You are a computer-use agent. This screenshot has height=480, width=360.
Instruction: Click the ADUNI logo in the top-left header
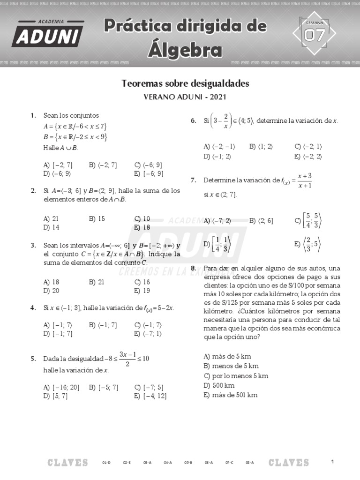click(x=48, y=34)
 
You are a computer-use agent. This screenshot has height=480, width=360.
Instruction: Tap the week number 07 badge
click(x=314, y=34)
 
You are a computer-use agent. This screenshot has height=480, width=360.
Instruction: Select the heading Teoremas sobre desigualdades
click(x=185, y=83)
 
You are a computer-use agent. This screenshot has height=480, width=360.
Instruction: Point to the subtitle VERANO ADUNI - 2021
click(x=185, y=97)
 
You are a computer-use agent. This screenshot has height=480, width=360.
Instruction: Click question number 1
click(x=33, y=115)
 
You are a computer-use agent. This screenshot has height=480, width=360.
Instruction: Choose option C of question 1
click(x=148, y=165)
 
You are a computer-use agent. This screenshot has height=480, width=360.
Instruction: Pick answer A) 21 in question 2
click(x=51, y=219)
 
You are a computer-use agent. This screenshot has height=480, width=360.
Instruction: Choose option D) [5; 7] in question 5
click(x=55, y=396)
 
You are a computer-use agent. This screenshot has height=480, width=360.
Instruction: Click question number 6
click(x=193, y=121)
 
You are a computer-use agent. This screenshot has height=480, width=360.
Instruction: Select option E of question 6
click(x=308, y=157)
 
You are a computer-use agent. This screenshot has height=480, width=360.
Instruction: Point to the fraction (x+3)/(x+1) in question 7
click(x=304, y=180)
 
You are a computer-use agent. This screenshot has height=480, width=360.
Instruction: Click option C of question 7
click(x=308, y=221)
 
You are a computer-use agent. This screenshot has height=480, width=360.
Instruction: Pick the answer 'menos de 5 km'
click(x=225, y=366)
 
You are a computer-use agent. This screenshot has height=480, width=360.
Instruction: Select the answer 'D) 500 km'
click(x=219, y=385)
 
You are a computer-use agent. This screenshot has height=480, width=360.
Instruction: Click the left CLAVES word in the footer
click(x=67, y=463)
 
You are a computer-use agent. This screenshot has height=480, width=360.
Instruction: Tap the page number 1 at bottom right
click(x=332, y=462)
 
